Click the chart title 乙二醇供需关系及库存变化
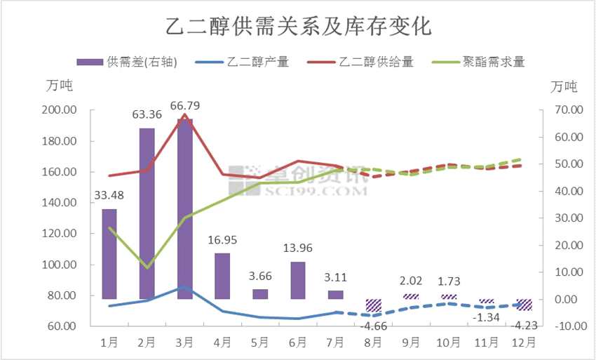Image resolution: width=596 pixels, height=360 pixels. point(298,26)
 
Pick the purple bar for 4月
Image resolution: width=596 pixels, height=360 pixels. point(222,276)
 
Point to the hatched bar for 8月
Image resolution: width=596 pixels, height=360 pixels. point(373,305)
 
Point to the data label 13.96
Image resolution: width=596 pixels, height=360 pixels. point(297,248)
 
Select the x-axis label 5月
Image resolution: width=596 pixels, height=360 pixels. point(260,342)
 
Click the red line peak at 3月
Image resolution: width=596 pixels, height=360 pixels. point(184,114)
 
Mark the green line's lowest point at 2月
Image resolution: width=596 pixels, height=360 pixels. point(147,267)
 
